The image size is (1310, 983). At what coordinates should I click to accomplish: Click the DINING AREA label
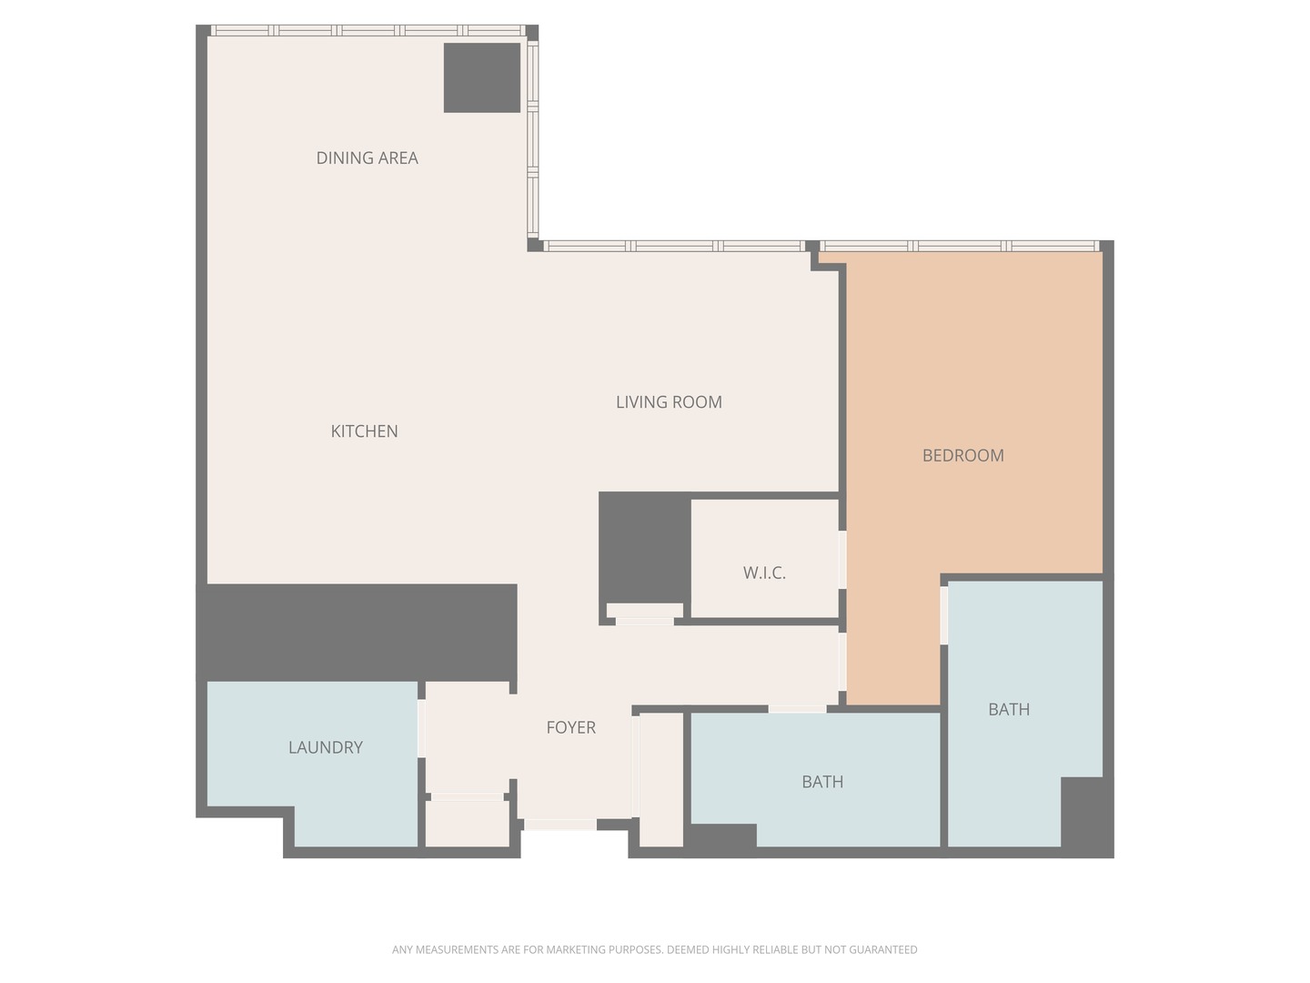(367, 158)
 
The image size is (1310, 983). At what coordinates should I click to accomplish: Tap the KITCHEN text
(364, 431)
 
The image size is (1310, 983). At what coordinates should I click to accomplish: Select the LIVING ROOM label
(669, 402)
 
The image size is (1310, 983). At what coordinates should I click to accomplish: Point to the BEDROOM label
(962, 456)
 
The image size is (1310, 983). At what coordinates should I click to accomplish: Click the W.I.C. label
(764, 573)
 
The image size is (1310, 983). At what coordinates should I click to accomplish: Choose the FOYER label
(570, 728)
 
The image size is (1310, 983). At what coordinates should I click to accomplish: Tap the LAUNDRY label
(325, 748)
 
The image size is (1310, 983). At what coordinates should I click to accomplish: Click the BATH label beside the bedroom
(1009, 710)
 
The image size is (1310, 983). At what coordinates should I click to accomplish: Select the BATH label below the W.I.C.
(822, 783)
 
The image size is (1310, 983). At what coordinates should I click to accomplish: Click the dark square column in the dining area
(482, 78)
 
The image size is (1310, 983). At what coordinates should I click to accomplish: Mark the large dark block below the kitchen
(357, 632)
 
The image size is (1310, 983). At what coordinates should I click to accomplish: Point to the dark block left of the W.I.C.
(644, 546)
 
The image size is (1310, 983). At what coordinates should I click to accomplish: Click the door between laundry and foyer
(421, 728)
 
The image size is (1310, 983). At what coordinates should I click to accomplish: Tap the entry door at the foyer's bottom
(559, 825)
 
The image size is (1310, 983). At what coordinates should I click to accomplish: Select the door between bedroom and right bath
(944, 615)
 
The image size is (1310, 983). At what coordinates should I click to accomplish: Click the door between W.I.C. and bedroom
(842, 559)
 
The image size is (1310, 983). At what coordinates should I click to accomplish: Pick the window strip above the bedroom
(960, 246)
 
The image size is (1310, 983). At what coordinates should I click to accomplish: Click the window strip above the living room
(673, 246)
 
